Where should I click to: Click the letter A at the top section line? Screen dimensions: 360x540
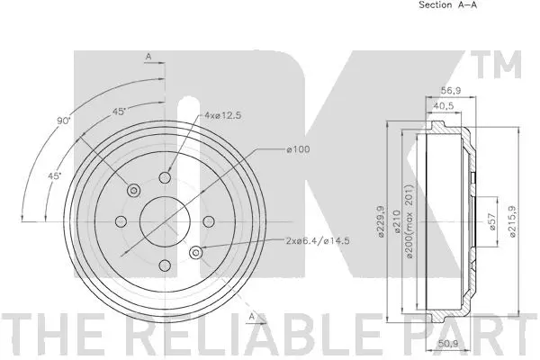click(147, 58)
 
